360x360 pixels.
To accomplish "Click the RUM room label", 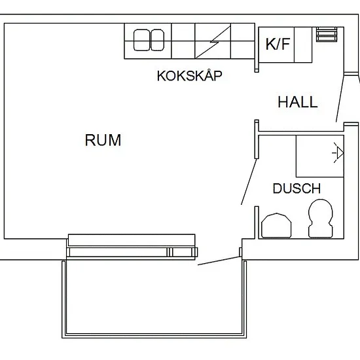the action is (x=103, y=140).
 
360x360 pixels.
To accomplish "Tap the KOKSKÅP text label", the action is (x=189, y=75).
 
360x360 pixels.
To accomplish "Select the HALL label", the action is (x=298, y=102).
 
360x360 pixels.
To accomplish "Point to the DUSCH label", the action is (x=297, y=189).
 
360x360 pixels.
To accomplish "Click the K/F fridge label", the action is (x=278, y=44).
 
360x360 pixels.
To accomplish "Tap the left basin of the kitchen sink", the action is (x=141, y=40).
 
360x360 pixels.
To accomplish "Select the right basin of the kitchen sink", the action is (x=157, y=40).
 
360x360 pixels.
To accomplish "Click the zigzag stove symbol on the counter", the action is (x=213, y=41).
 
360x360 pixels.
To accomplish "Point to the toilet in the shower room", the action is (x=321, y=218).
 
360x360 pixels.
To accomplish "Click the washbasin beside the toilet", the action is (x=276, y=225).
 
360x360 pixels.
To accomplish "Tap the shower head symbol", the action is (x=338, y=153).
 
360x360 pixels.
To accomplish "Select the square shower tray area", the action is (x=320, y=156).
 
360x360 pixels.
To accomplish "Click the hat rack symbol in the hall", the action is (x=327, y=34).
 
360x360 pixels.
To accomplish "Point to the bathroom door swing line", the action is (x=249, y=181).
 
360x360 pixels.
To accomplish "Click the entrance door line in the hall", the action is (x=340, y=98).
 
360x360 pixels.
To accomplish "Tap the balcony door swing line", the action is (x=219, y=261).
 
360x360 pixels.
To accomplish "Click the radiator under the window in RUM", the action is (x=132, y=240).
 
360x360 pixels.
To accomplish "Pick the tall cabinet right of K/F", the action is (x=303, y=45).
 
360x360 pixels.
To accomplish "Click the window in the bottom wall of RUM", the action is (x=132, y=252).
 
